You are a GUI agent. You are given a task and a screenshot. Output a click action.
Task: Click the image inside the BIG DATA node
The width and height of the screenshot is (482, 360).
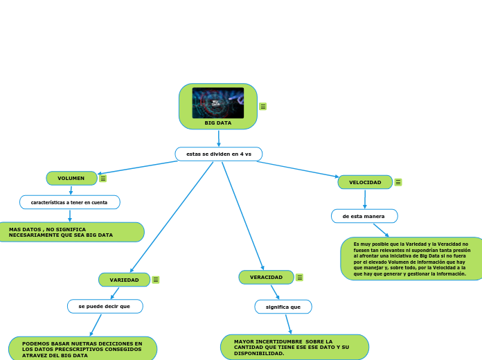click(217, 102)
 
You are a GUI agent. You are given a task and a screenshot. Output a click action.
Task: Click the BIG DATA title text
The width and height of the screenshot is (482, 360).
click(218, 123)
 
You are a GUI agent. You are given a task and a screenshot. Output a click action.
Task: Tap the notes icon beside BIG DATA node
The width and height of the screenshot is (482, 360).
click(263, 107)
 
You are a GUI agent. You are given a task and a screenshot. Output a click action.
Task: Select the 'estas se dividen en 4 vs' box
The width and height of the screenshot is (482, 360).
click(218, 154)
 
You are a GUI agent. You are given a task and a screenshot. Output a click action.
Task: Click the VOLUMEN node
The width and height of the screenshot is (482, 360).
click(71, 179)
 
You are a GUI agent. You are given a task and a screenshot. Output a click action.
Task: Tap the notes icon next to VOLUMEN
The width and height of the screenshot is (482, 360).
click(103, 179)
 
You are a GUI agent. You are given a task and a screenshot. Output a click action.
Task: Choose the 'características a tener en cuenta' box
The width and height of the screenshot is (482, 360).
click(69, 202)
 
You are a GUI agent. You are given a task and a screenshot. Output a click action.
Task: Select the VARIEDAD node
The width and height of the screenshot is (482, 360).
click(124, 280)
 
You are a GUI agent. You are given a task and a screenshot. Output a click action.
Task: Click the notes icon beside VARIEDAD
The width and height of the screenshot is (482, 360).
click(156, 280)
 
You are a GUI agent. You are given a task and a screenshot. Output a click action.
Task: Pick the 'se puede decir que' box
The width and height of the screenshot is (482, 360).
click(105, 306)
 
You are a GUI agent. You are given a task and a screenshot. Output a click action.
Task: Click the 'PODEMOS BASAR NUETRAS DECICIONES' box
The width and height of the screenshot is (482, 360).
click(82, 349)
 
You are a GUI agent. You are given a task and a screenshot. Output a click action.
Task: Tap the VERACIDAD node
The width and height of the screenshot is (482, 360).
click(266, 277)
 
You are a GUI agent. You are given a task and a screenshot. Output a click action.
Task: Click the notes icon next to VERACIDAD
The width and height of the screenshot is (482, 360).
click(299, 278)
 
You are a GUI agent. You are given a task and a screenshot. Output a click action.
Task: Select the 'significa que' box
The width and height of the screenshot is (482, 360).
click(283, 307)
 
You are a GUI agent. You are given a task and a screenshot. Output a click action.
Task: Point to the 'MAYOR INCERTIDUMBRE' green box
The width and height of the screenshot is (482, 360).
click(294, 348)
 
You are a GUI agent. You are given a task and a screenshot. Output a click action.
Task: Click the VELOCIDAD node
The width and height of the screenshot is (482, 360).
click(365, 182)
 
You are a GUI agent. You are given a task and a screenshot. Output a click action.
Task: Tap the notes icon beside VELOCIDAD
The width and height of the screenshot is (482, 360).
click(398, 183)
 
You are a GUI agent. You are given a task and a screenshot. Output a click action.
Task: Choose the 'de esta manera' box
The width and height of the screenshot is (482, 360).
click(364, 216)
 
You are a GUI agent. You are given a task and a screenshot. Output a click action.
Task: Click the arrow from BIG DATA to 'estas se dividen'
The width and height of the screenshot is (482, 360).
click(219, 138)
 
